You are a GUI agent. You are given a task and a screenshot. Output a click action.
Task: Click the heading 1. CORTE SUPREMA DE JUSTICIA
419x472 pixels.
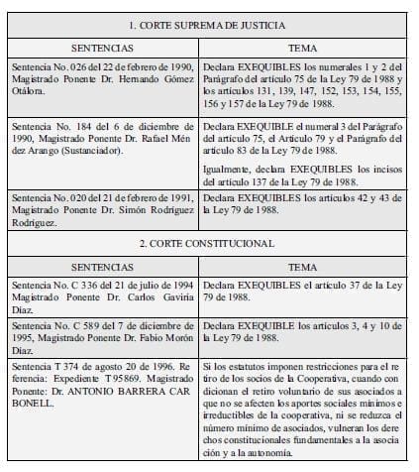(209, 23)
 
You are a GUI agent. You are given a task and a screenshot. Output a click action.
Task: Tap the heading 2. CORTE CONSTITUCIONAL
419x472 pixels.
(209, 242)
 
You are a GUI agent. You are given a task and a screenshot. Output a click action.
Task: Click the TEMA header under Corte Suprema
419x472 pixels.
(302, 48)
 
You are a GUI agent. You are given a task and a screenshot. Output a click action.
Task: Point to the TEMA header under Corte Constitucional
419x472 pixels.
(302, 267)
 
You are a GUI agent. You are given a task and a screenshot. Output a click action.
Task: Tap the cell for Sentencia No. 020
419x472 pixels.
(102, 209)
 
